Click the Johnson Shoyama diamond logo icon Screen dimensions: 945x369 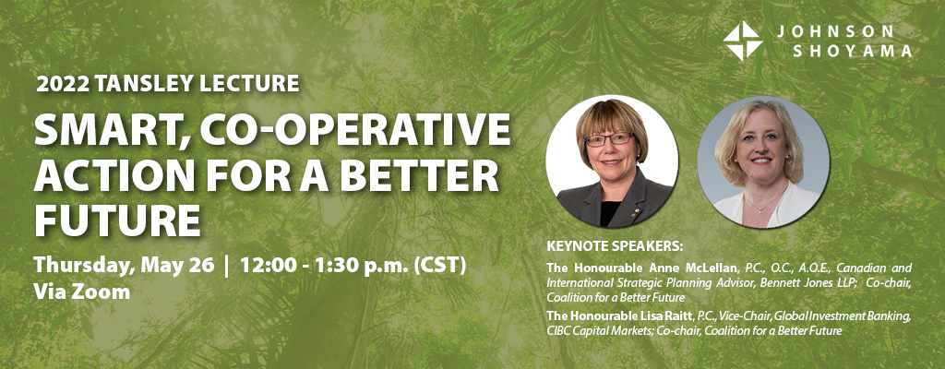(x=743, y=41)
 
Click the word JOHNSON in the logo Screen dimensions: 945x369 (x=834, y=31)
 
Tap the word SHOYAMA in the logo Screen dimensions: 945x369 (x=852, y=52)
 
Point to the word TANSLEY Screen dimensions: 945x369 (x=135, y=84)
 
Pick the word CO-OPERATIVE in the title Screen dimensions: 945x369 (x=355, y=129)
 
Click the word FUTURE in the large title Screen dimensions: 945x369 (x=117, y=220)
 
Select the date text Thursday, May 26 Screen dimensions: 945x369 (x=125, y=266)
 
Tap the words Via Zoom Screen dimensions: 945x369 (x=82, y=292)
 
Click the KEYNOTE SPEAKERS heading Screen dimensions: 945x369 (x=616, y=246)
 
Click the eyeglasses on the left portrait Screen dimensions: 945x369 (x=610, y=138)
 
